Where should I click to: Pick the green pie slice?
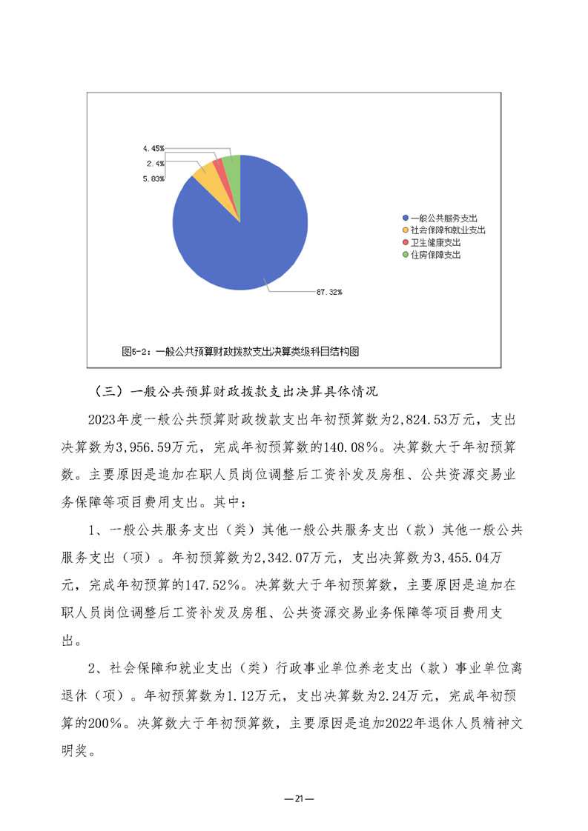(232, 167)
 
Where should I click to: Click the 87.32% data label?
(328, 292)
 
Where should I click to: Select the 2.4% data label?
(156, 163)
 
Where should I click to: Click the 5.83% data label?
(154, 178)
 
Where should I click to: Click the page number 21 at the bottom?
(294, 798)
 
